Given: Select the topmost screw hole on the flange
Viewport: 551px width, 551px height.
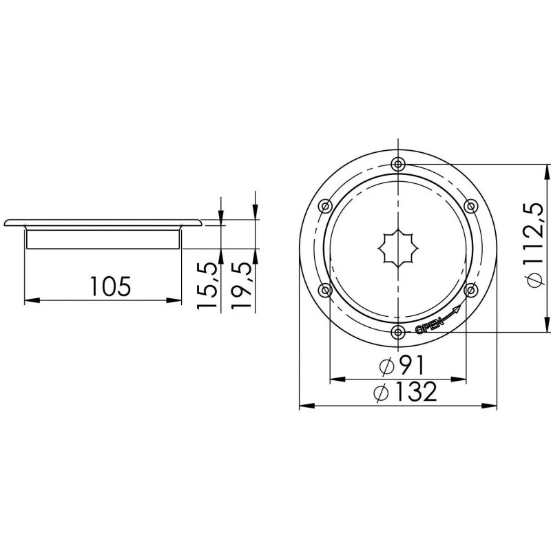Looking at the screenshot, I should [x=398, y=164].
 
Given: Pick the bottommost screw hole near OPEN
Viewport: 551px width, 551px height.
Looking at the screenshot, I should [x=398, y=333].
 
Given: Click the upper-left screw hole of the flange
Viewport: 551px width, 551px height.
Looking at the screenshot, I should [x=325, y=206].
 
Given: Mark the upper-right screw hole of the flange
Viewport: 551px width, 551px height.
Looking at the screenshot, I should [x=471, y=206].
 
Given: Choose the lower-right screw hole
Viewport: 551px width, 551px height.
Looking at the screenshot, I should [x=471, y=290].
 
